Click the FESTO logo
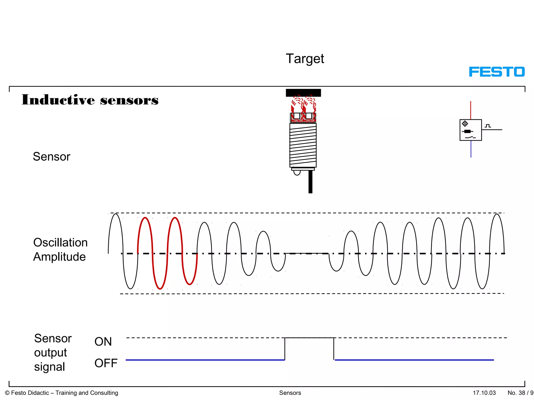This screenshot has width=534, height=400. [x=497, y=72]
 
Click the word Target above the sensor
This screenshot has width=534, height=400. [x=305, y=59]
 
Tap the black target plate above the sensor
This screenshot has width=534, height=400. [x=303, y=93]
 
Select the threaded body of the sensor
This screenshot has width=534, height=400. [x=303, y=145]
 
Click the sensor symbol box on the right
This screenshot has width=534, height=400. [x=470, y=130]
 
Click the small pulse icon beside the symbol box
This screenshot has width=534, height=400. [x=488, y=126]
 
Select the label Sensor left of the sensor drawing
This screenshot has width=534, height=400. [x=52, y=157]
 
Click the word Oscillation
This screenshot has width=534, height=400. [x=60, y=242]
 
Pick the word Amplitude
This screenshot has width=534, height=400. [x=59, y=257]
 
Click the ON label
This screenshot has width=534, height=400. [x=103, y=341]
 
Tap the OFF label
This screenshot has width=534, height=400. [x=106, y=363]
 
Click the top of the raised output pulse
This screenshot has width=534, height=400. [x=309, y=338]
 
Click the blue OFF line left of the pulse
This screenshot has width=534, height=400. [x=205, y=360]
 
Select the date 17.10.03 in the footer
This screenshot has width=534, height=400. [x=484, y=393]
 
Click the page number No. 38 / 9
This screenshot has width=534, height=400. [x=520, y=393]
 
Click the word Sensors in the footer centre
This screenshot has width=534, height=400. [x=290, y=393]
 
